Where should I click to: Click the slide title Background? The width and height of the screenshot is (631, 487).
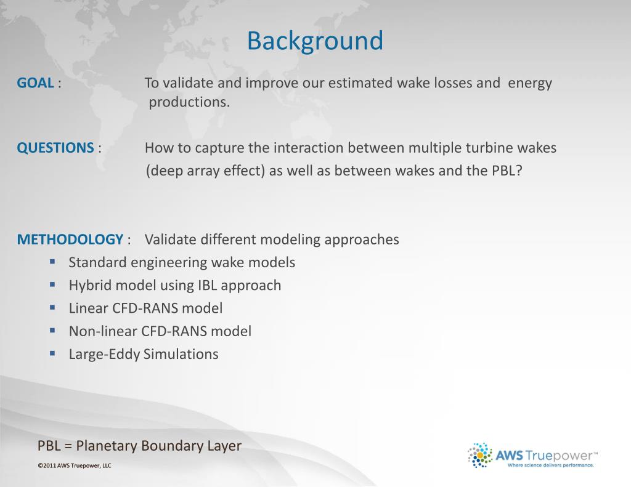(x=315, y=41)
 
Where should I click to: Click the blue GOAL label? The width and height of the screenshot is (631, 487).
(x=35, y=83)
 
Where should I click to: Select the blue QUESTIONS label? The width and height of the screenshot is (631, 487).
(x=55, y=148)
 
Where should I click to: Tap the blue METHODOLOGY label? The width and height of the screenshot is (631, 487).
(x=70, y=239)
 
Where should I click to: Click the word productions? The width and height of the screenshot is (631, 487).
(x=189, y=102)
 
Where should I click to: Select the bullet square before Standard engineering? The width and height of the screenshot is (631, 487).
(x=53, y=262)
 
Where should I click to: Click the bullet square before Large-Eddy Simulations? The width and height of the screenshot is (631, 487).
(x=53, y=353)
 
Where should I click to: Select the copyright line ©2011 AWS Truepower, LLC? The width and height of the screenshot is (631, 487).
(x=74, y=466)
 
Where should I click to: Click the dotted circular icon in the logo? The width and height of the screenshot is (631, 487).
(x=480, y=456)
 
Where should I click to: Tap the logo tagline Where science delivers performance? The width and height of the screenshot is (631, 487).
(x=550, y=466)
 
